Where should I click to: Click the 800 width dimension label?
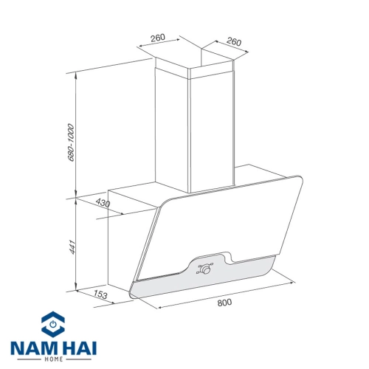[x=224, y=302]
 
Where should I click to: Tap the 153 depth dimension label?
[x=100, y=294]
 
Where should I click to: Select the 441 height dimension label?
[x=71, y=247]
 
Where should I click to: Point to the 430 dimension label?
[x=103, y=203]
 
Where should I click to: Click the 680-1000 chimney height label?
[x=71, y=142]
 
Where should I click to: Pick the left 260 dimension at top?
[x=158, y=38]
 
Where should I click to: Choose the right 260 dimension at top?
[x=234, y=42]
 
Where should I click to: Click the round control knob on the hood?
[x=205, y=269]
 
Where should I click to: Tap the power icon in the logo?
[x=53, y=324]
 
